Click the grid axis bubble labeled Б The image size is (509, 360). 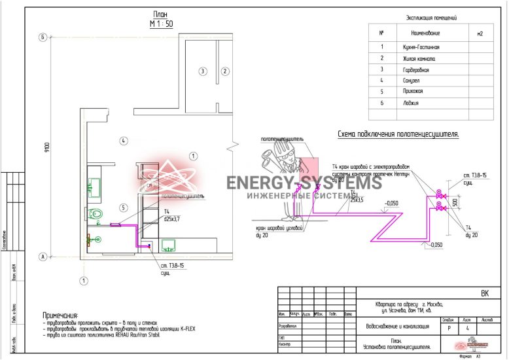point(43,37)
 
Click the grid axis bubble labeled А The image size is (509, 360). point(43,257)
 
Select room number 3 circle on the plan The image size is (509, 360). point(203,71)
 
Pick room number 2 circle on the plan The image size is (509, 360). point(224,71)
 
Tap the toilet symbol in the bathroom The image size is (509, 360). point(96,214)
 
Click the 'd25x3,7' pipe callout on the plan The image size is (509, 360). point(171,218)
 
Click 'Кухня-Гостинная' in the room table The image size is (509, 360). point(421,48)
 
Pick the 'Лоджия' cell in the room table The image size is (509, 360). point(411,103)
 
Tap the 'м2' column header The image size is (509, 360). point(480,32)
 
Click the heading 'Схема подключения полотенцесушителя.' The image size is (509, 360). point(398,134)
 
